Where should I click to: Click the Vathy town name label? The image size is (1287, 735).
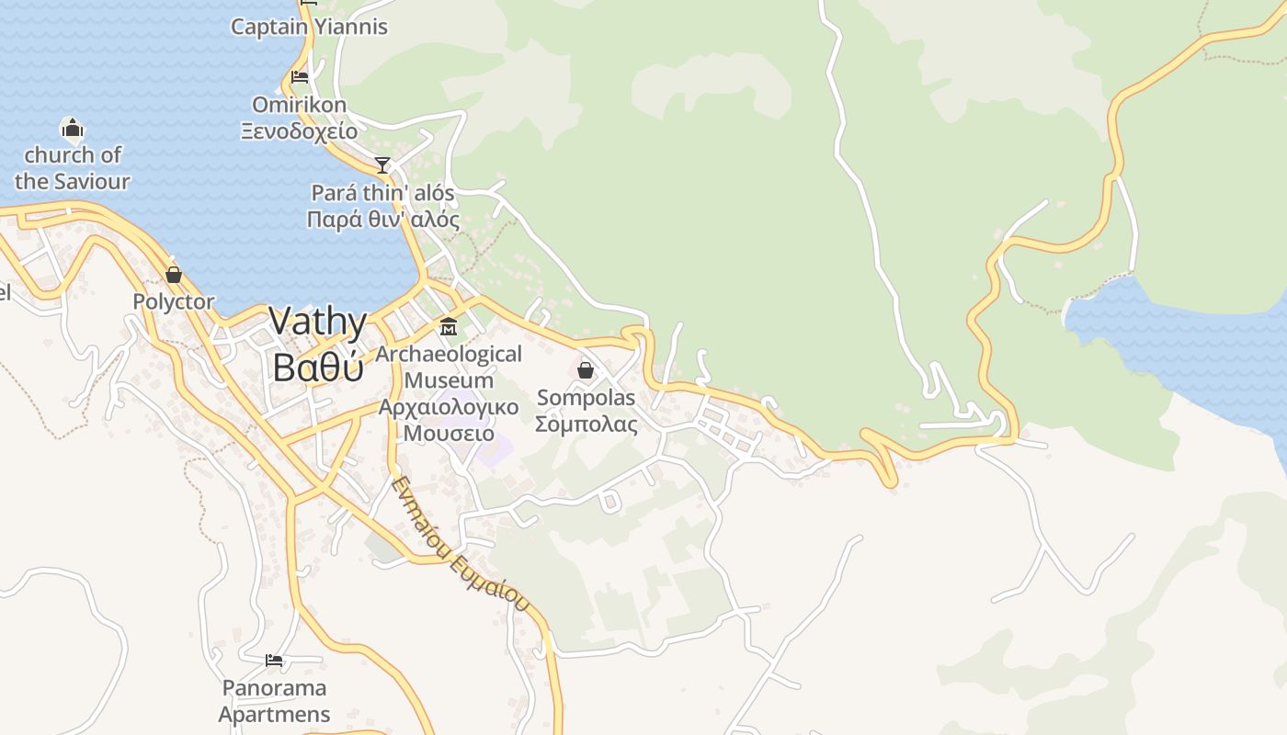click(318, 322)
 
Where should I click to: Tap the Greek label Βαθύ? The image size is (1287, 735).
click(318, 367)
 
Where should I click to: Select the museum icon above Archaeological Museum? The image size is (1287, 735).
click(449, 326)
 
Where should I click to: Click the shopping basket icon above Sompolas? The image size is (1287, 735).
click(586, 370)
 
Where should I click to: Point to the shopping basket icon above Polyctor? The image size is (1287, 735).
click(173, 275)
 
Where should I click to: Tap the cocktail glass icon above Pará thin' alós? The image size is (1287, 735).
click(382, 165)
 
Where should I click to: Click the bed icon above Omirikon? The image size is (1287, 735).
click(300, 77)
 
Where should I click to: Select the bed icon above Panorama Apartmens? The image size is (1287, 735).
click(274, 661)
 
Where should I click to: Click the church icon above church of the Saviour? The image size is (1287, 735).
click(72, 128)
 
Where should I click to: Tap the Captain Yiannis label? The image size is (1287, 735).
click(309, 27)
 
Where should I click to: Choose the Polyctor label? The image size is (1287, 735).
click(173, 301)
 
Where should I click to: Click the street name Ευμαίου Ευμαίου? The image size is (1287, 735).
click(461, 544)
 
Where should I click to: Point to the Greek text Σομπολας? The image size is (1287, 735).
click(587, 424)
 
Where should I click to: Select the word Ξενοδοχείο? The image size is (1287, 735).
click(300, 131)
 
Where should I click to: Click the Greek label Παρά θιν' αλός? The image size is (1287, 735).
click(383, 220)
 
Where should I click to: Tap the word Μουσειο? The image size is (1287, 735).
click(449, 433)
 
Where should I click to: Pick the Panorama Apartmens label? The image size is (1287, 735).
click(274, 701)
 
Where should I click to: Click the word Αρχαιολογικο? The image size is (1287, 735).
click(449, 406)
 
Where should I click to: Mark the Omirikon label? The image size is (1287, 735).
click(300, 104)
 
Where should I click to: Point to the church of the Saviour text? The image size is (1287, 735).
click(72, 168)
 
